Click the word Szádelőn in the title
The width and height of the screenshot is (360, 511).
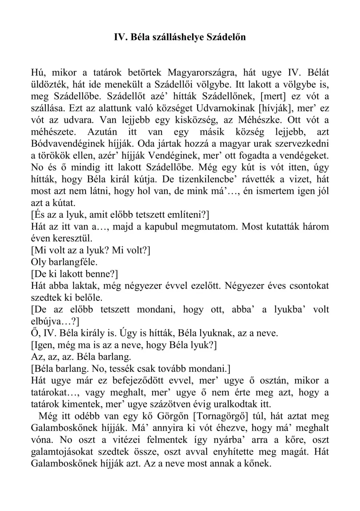[226, 37]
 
